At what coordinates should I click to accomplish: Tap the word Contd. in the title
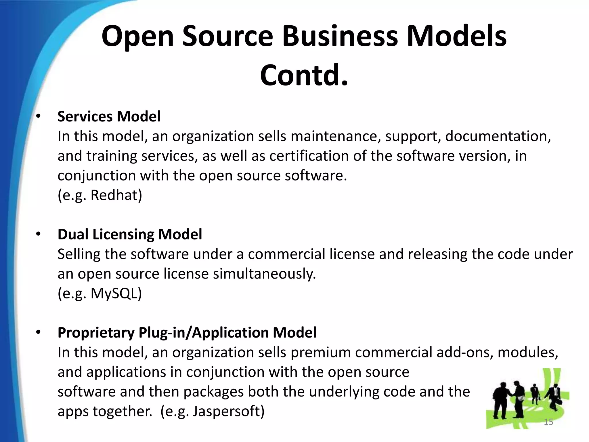tap(304, 75)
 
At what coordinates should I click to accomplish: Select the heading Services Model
tap(109, 117)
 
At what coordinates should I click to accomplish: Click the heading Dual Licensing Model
tap(130, 234)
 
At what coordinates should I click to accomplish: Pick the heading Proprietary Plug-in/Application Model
tap(187, 333)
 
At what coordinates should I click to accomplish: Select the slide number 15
tap(548, 422)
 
